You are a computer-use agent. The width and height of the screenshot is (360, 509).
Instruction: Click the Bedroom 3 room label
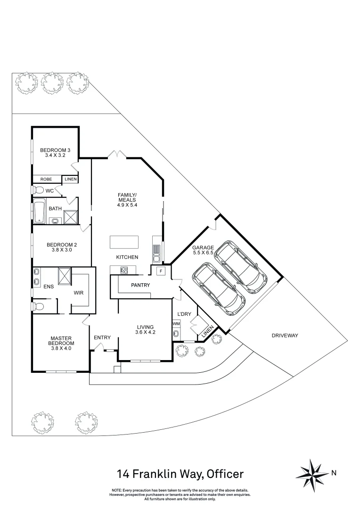(x=55, y=150)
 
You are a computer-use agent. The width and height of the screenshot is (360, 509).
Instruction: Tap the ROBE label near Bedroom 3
(x=46, y=179)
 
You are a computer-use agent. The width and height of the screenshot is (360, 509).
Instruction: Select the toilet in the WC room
(x=38, y=190)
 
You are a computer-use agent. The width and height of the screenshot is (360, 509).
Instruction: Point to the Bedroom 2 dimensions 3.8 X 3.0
(x=61, y=251)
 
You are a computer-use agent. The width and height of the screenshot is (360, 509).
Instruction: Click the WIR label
(x=79, y=293)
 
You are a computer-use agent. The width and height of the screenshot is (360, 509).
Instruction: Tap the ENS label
(x=49, y=286)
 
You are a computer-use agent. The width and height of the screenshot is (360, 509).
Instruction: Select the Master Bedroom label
(x=61, y=340)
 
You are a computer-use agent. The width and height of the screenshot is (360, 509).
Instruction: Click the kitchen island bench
(x=124, y=242)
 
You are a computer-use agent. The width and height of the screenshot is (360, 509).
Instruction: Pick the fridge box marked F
(x=161, y=271)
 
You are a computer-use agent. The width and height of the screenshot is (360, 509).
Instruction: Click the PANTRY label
(x=140, y=285)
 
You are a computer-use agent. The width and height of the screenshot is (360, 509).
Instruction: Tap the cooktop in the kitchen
(x=125, y=270)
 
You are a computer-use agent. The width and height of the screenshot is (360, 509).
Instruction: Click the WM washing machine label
(x=176, y=324)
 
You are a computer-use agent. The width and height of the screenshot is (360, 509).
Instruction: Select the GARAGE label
(x=203, y=247)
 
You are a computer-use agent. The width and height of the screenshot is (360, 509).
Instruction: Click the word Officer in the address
(x=224, y=473)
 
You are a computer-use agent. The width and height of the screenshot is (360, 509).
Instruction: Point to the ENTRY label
(x=102, y=337)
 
